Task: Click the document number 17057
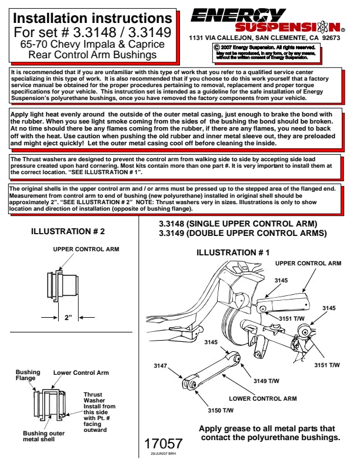pos(164,443)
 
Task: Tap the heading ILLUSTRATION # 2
pos(68,232)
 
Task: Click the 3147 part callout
pos(160,366)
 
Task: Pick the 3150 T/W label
pos(221,410)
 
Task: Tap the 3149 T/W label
pos(266,381)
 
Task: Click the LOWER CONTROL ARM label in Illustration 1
pos(262,398)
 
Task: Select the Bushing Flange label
pos(28,375)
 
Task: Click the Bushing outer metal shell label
pos(45,436)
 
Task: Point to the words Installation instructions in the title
pos(92,18)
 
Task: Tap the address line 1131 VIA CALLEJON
pos(264,38)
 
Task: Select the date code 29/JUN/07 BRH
pos(164,455)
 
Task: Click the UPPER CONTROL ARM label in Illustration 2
pos(86,249)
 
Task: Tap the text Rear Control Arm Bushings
pos(92,55)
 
